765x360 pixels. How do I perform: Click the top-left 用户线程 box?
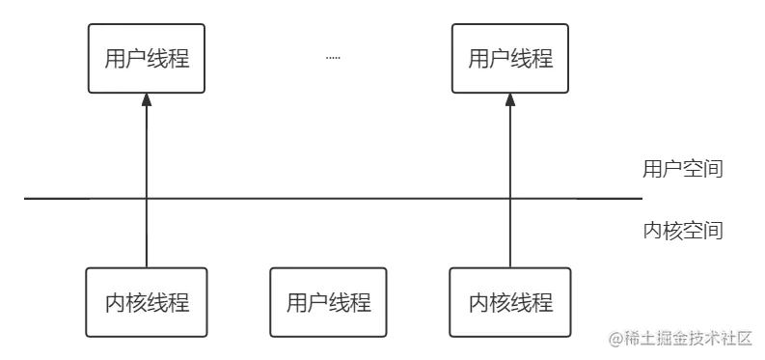(x=147, y=59)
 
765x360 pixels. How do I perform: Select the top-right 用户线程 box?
(x=510, y=59)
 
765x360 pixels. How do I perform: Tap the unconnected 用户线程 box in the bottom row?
(x=328, y=303)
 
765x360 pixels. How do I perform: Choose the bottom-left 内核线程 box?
(x=147, y=303)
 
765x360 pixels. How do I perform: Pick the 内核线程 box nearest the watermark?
(x=510, y=303)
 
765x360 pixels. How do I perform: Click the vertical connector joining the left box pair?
(x=147, y=145)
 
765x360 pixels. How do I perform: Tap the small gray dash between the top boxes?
(x=335, y=59)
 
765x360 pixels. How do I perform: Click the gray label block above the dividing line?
(x=683, y=167)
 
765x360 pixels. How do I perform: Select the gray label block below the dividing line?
(x=683, y=230)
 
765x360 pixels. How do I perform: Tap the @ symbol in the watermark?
(x=615, y=337)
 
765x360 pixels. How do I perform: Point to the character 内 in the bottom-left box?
(x=115, y=303)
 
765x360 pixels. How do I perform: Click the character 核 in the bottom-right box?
(x=500, y=303)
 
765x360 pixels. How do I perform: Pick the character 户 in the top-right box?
(x=500, y=59)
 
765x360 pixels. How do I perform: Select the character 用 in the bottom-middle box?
(x=296, y=303)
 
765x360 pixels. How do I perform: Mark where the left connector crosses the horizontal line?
(x=147, y=197)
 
